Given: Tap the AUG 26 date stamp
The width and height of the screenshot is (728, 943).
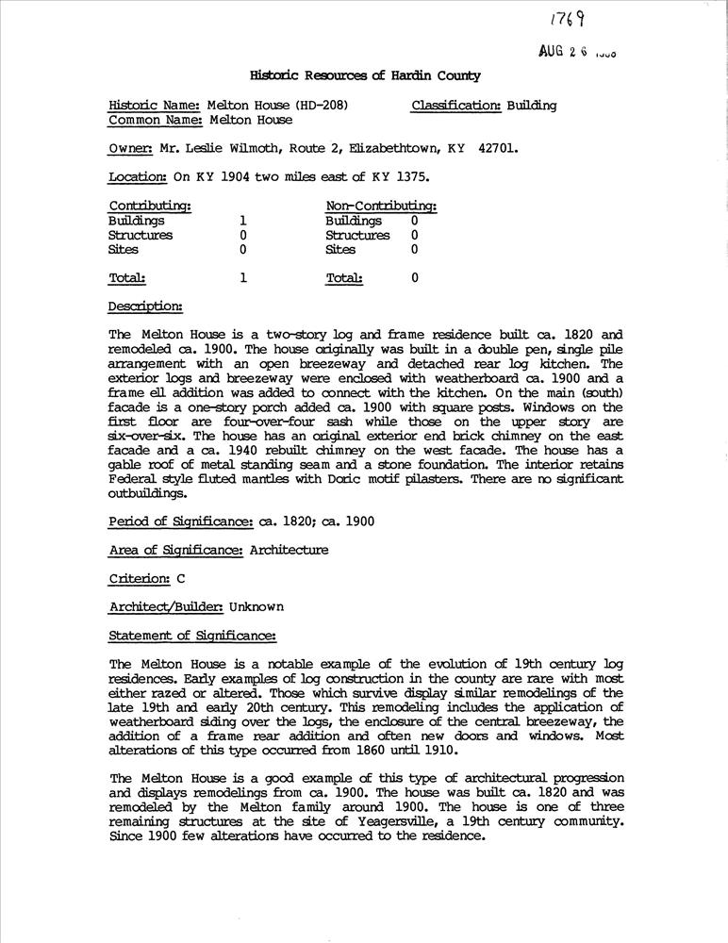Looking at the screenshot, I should [578, 54].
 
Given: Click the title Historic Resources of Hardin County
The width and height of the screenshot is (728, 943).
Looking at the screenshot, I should [365, 75].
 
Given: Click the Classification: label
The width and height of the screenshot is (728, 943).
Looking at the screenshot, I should [456, 106].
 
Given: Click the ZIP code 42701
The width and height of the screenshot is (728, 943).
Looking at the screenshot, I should [497, 148].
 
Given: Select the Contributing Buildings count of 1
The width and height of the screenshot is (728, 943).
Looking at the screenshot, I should [243, 221].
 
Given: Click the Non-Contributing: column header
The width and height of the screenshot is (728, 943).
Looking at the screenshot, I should [381, 207].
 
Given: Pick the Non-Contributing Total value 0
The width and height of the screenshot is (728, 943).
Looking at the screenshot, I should [415, 278].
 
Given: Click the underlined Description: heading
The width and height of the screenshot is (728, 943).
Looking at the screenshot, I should [145, 306].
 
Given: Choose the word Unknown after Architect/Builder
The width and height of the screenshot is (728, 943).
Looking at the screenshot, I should [256, 606].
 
